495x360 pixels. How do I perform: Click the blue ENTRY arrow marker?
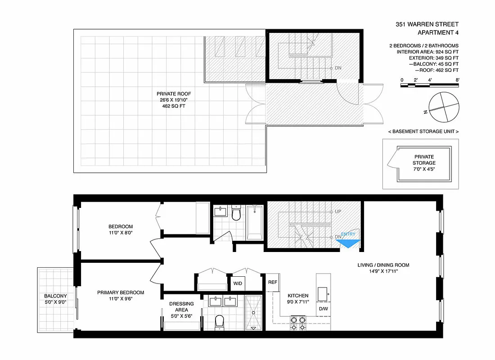pyautogui.click(x=348, y=242)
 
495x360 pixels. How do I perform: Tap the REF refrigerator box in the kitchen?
pyautogui.click(x=272, y=283)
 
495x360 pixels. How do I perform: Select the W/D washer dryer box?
pyautogui.click(x=237, y=283)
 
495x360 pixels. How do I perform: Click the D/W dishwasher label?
pyautogui.click(x=323, y=309)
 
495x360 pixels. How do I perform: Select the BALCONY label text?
pyautogui.click(x=55, y=296)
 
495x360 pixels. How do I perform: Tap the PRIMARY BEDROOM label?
pyautogui.click(x=121, y=292)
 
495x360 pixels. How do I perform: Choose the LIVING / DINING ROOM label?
pyautogui.click(x=383, y=265)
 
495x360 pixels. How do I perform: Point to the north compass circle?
pyautogui.click(x=444, y=107)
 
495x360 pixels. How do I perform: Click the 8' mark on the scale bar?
pyautogui.click(x=457, y=79)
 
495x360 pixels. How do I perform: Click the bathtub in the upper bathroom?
pyautogui.click(x=254, y=222)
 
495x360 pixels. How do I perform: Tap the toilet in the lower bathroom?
pyautogui.click(x=220, y=321)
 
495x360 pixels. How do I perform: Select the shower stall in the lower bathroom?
pyautogui.click(x=255, y=312)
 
